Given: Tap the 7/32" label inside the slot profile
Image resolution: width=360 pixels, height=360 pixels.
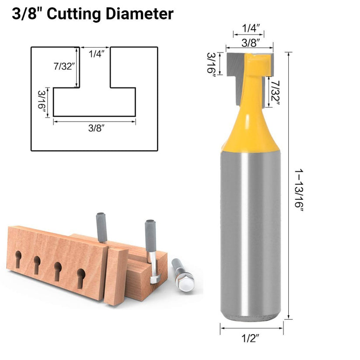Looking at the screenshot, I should tap(64, 66).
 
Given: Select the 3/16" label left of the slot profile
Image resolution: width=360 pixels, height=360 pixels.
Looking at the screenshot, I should tap(42, 101).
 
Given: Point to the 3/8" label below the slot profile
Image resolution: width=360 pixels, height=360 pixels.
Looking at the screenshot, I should tap(94, 128).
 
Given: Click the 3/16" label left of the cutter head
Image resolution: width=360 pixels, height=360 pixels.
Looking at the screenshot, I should tap(211, 64).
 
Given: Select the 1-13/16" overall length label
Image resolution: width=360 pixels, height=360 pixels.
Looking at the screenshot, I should tap(299, 190).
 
